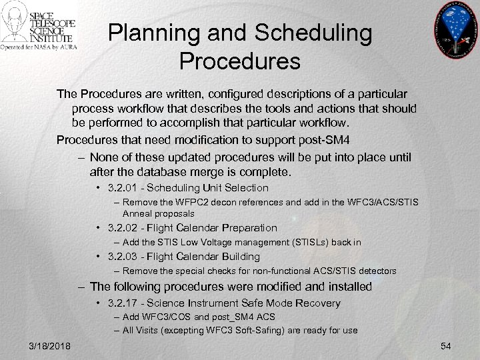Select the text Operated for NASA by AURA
point(39,48)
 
